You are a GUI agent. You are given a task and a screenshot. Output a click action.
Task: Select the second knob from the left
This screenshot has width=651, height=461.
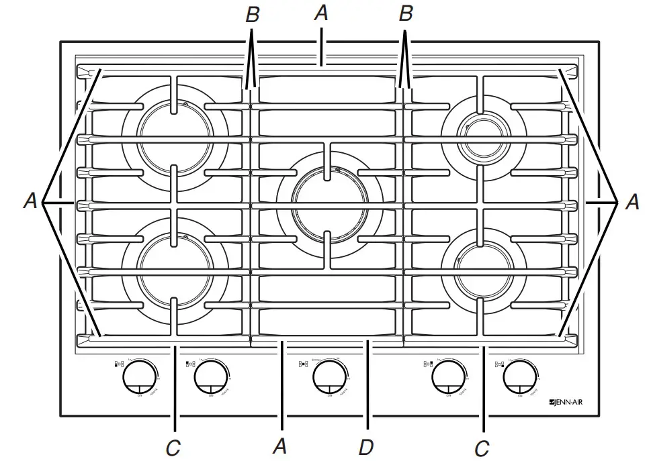tap(209, 378)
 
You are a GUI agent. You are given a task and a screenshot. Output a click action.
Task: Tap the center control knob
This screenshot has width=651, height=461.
tap(329, 378)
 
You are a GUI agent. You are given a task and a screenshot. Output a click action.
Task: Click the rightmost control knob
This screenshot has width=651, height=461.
tap(519, 378)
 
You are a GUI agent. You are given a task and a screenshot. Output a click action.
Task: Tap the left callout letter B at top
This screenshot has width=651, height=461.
tap(252, 15)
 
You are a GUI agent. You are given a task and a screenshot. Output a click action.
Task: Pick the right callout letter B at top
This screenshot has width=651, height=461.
tap(405, 15)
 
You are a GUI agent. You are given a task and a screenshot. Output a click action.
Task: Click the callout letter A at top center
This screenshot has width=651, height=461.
tap(322, 13)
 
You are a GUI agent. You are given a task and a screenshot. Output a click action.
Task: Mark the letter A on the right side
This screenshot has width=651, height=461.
tap(632, 201)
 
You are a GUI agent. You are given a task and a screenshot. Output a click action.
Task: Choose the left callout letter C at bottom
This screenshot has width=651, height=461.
tap(173, 447)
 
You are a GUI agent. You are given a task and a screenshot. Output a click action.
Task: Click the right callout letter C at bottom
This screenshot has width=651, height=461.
tap(481, 447)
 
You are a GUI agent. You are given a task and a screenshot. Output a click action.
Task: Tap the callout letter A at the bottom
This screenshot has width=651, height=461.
tap(280, 446)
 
